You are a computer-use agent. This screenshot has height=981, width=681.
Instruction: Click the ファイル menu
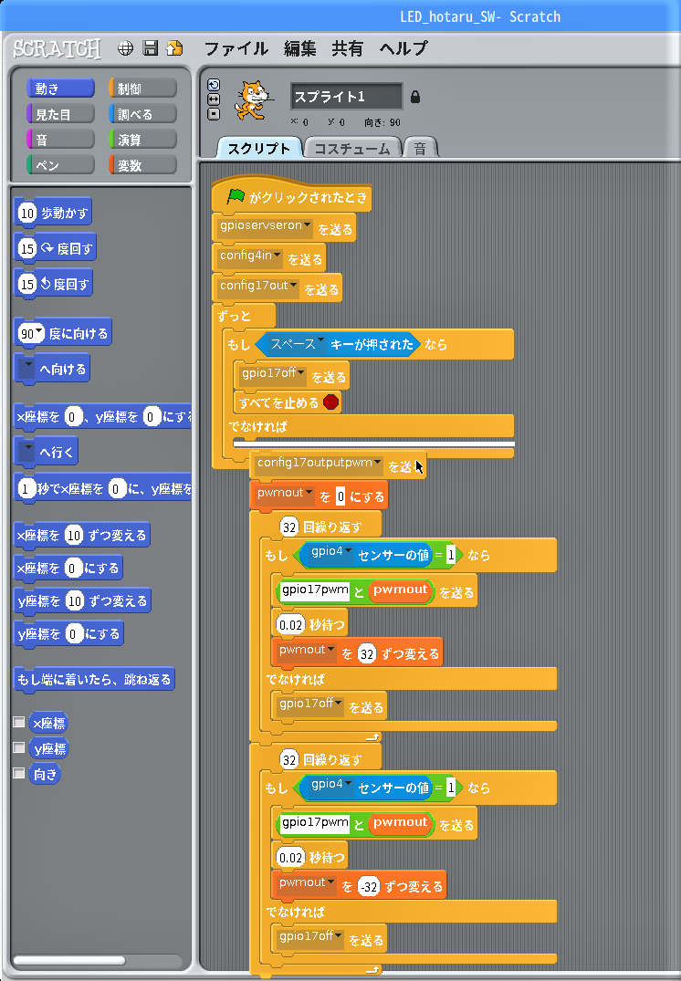[x=236, y=48]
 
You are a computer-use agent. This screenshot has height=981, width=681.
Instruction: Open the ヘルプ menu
[x=403, y=48]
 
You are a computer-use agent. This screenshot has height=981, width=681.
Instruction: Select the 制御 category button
[x=142, y=89]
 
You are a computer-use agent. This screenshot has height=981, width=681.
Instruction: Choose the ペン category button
[x=61, y=165]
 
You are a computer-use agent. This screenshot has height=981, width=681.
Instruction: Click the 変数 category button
[x=142, y=165]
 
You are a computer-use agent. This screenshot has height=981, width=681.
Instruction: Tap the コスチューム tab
[x=352, y=148]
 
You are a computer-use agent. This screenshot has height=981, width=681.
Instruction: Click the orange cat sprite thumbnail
[x=252, y=99]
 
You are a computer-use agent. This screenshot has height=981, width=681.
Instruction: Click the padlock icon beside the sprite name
[x=415, y=97]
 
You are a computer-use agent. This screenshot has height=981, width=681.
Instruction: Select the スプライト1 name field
[x=346, y=97]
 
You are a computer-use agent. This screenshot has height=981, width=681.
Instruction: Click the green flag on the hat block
[x=236, y=196]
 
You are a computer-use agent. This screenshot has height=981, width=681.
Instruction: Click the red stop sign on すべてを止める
[x=331, y=402]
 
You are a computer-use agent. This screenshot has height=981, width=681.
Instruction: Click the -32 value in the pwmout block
[x=370, y=886]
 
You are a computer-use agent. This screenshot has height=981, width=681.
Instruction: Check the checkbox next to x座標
[x=19, y=722]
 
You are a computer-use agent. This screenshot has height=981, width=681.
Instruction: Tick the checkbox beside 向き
[x=19, y=773]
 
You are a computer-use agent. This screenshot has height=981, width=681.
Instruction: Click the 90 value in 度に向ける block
[x=31, y=333]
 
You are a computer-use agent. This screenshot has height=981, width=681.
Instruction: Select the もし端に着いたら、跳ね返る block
[x=94, y=680]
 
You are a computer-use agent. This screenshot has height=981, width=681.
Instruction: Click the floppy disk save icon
[x=151, y=48]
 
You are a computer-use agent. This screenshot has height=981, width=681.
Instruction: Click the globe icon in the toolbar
[x=125, y=48]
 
